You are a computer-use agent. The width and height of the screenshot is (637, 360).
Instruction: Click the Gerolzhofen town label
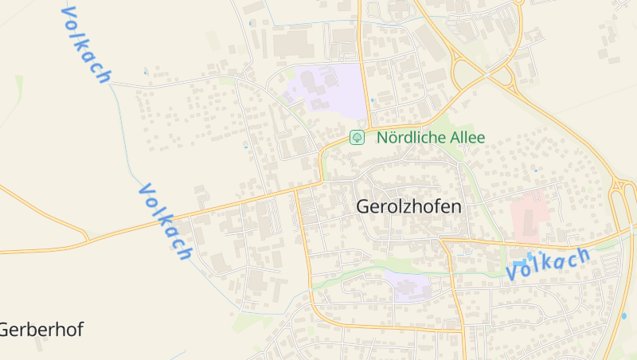pyautogui.click(x=408, y=206)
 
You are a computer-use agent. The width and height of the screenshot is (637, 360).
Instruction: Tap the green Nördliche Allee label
pyautogui.click(x=431, y=137)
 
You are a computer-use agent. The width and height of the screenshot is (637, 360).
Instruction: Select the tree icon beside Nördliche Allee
pyautogui.click(x=358, y=137)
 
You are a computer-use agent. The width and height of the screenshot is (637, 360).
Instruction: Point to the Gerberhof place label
pyautogui.click(x=41, y=329)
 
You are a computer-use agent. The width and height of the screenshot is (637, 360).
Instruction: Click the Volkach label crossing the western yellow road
pyautogui.click(x=166, y=221)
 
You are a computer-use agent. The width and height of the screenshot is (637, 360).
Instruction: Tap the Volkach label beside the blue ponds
pyautogui.click(x=549, y=263)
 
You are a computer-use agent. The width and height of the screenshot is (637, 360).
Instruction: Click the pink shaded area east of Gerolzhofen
pyautogui.click(x=527, y=216)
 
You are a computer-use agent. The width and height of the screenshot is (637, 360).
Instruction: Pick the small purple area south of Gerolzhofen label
pyautogui.click(x=407, y=285)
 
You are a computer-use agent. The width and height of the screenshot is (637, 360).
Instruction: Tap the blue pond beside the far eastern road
pyautogui.click(x=623, y=316)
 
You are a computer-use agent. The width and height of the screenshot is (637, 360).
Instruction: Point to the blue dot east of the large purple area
pyautogui.click(x=372, y=100)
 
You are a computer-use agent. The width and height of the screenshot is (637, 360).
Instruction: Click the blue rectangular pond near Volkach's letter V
pyautogui.click(x=520, y=264)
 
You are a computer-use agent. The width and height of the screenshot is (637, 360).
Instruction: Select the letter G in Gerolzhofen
pyautogui.click(x=363, y=206)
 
